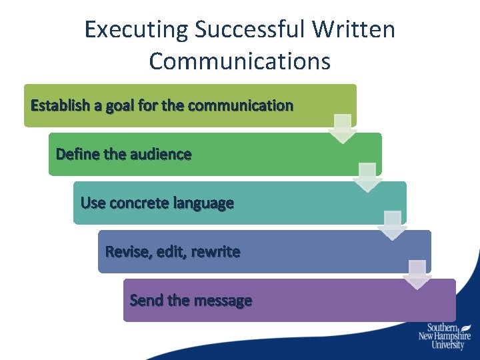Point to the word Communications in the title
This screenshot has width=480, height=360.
click(240, 61)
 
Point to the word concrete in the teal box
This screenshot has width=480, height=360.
click(139, 203)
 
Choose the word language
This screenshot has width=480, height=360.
click(203, 203)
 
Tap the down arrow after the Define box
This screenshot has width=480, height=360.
click(367, 177)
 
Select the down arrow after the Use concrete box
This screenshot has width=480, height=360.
click(392, 226)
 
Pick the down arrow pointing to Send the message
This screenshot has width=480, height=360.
click(417, 275)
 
